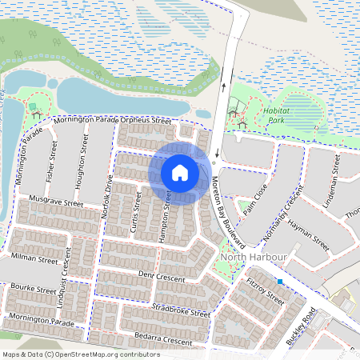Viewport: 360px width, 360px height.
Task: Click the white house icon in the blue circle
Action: tap(180, 172)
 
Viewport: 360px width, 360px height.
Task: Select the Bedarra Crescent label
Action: tap(163, 341)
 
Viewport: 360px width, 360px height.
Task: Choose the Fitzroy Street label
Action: tap(266, 290)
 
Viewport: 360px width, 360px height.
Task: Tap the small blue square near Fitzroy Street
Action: tap(280, 282)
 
